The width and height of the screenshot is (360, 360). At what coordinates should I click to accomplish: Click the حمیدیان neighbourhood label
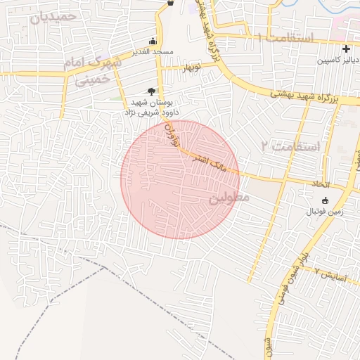(x=59, y=15)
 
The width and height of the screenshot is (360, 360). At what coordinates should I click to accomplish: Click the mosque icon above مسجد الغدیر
(x=153, y=41)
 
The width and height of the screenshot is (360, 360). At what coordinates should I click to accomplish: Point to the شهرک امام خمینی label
(x=91, y=70)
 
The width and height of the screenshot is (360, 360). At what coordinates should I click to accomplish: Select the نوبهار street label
(x=193, y=68)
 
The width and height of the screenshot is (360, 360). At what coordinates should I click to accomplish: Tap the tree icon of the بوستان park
(x=150, y=91)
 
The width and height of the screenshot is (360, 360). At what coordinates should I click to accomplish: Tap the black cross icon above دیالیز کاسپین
(x=345, y=49)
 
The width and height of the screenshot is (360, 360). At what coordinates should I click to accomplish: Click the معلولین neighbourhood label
(x=229, y=199)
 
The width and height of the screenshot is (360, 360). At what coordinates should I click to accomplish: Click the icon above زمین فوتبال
(x=324, y=200)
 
